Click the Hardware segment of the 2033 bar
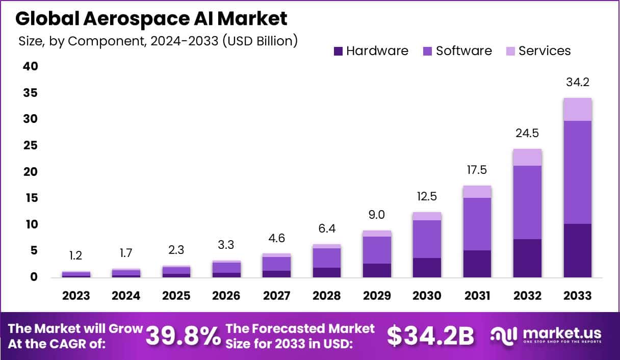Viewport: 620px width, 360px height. click(x=577, y=250)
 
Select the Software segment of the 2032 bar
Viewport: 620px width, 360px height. click(x=527, y=202)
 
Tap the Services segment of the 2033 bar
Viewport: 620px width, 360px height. click(x=577, y=109)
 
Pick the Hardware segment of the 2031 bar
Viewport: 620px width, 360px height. click(x=477, y=264)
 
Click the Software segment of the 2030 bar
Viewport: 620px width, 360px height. click(x=427, y=239)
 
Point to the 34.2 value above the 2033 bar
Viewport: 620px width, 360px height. click(x=577, y=83)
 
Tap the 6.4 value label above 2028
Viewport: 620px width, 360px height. click(x=326, y=229)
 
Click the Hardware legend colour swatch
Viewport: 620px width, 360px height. click(x=338, y=51)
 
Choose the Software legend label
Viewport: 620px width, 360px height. click(x=463, y=51)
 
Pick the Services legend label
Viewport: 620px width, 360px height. click(x=545, y=51)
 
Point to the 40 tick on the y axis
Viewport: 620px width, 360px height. click(x=31, y=66)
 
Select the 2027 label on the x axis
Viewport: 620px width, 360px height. click(x=276, y=296)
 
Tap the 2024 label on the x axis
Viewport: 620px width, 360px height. click(x=126, y=296)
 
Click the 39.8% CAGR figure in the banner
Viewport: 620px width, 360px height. click(x=183, y=336)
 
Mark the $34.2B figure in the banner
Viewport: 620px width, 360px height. click(x=430, y=336)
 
